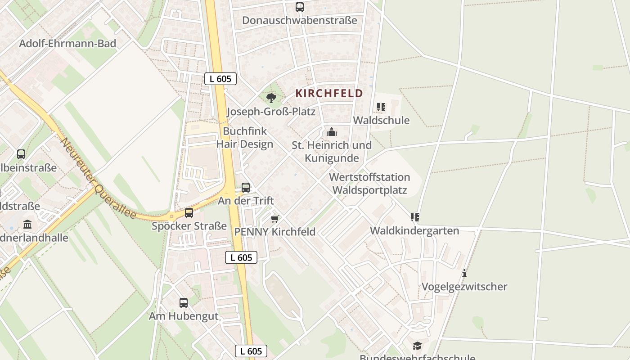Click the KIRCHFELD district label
click(x=329, y=94)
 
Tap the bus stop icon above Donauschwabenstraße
click(x=300, y=7)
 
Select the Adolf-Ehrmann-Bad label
click(x=67, y=44)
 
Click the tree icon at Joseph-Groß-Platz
click(x=271, y=98)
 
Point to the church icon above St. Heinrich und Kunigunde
click(x=332, y=132)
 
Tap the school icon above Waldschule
click(x=381, y=107)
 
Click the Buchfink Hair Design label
click(x=245, y=138)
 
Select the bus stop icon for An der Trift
click(x=246, y=188)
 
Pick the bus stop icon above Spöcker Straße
click(x=189, y=213)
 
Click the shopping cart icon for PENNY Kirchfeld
click(x=274, y=219)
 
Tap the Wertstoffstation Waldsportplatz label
click(x=369, y=184)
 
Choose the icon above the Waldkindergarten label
click(x=414, y=217)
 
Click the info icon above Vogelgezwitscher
click(x=464, y=273)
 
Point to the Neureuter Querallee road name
click(x=99, y=179)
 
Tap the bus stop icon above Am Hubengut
click(x=184, y=303)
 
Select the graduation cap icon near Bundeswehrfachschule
click(x=418, y=346)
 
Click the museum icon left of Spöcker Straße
click(x=27, y=224)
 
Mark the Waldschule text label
click(x=381, y=120)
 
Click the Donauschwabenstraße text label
click(x=300, y=20)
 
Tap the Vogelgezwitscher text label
click(x=464, y=287)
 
